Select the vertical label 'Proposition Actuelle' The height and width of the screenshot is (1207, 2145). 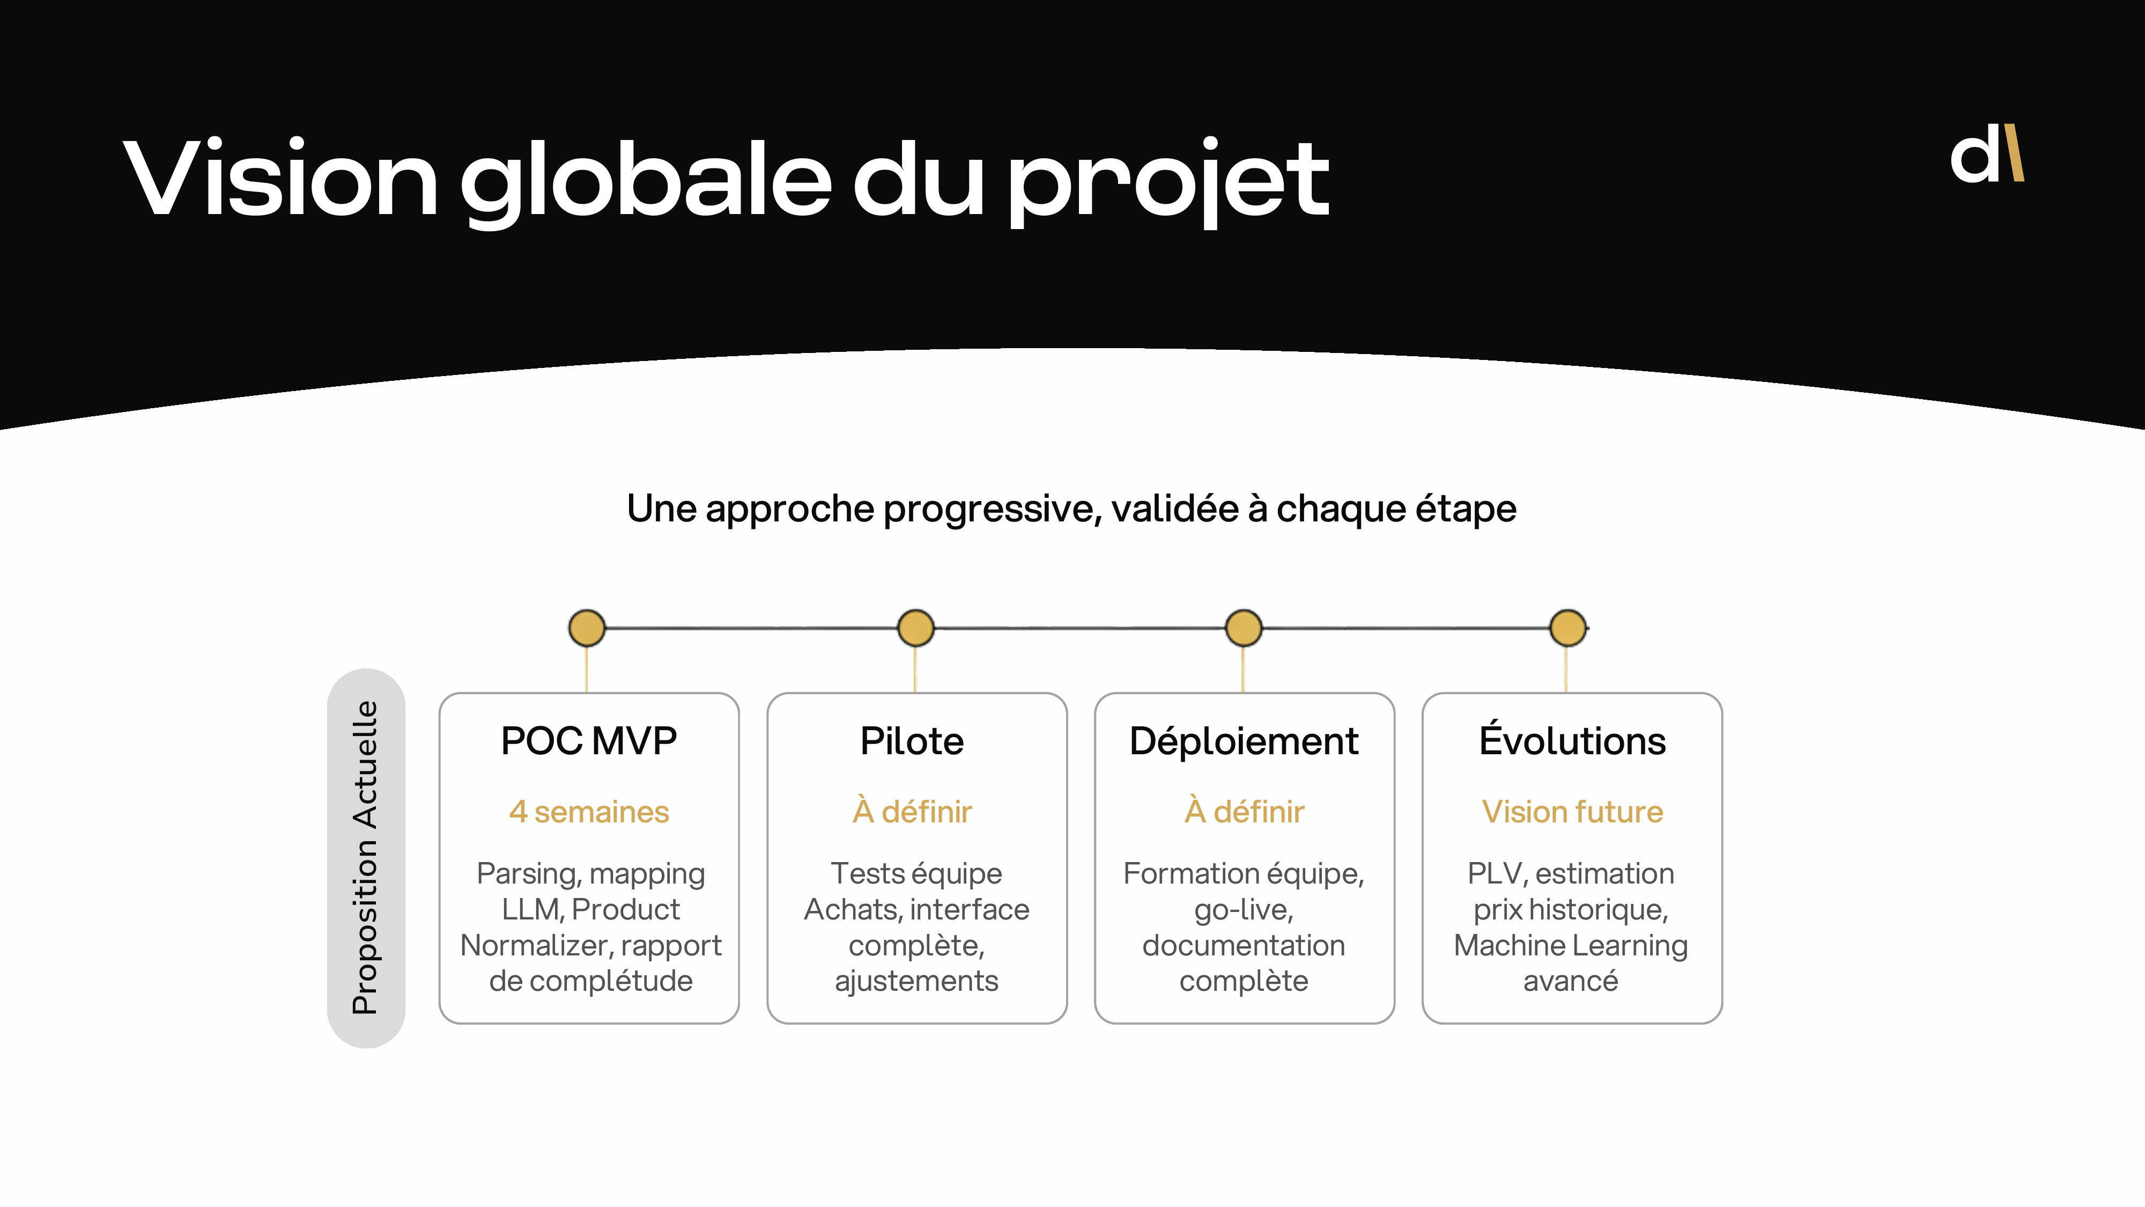(x=366, y=857)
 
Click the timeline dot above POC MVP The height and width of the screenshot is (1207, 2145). (x=587, y=628)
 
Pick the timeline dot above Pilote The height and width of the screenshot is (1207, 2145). (x=916, y=628)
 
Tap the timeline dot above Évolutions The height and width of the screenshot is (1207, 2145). (x=1568, y=628)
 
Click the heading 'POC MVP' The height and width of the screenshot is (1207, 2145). (x=589, y=740)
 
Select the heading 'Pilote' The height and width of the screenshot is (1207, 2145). (x=912, y=740)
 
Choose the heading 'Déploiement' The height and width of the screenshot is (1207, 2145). (x=1243, y=740)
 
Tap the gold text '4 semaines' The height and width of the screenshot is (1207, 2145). (x=589, y=811)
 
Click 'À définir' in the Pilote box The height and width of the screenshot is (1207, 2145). (x=912, y=811)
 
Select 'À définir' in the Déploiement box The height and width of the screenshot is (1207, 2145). (x=1244, y=811)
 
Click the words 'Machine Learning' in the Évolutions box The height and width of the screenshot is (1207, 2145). (x=1571, y=945)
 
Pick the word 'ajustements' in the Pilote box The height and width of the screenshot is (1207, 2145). (x=916, y=981)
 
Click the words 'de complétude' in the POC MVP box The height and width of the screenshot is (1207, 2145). (x=590, y=981)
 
